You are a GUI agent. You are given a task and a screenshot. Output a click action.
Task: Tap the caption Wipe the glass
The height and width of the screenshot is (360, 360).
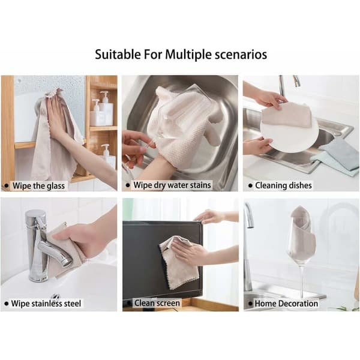[x=38, y=186]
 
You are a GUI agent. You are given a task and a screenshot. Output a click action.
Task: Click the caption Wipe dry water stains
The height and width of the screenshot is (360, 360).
[x=172, y=185]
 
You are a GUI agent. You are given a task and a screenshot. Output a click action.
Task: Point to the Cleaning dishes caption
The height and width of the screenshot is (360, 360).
[x=283, y=185]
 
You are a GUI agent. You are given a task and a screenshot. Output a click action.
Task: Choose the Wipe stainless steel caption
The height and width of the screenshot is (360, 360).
[x=46, y=304]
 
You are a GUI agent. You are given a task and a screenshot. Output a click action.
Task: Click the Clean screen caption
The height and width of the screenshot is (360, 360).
[x=157, y=303]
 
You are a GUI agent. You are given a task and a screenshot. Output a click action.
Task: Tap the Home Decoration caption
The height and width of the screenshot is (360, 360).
[x=286, y=304]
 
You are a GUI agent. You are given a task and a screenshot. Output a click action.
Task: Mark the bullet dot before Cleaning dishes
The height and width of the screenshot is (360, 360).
[x=250, y=185]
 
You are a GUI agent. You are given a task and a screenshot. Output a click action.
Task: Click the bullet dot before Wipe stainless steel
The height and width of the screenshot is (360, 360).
[x=7, y=304]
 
